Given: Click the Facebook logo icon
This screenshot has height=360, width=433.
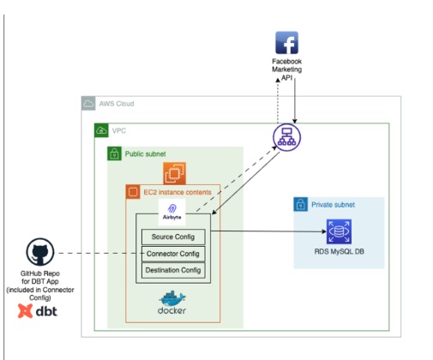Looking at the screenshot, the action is (286, 43).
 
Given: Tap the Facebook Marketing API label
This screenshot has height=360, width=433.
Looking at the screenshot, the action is (286, 69).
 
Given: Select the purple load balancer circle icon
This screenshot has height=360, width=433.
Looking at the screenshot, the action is (286, 137).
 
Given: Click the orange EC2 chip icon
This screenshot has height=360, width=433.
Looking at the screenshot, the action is (174, 173).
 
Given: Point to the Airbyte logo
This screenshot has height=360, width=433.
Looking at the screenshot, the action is (171, 212).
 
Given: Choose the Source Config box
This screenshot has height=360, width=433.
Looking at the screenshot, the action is (173, 237).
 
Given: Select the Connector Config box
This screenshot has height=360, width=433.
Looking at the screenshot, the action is (173, 254).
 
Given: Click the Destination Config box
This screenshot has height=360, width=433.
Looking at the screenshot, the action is (173, 270).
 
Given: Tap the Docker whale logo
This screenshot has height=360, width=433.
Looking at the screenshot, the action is (171, 303).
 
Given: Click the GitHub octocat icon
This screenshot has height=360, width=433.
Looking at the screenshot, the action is (40, 252).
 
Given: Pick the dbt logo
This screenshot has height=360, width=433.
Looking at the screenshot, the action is (38, 311).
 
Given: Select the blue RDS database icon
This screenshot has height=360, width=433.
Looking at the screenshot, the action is (339, 231).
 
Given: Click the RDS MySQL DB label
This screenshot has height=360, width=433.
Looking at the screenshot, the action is (340, 252).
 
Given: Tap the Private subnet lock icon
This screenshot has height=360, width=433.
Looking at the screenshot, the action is (301, 204).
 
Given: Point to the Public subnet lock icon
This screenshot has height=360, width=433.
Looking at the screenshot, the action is (114, 153).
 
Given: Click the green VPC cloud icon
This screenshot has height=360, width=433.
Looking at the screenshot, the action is (101, 130).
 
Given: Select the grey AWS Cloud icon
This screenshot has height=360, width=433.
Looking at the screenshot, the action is (88, 103).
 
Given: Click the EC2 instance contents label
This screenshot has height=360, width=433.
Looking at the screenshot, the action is (177, 192).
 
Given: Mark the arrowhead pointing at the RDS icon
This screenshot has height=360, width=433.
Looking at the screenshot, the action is (324, 231).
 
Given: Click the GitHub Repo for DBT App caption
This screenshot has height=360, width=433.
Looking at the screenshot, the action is (40, 285).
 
